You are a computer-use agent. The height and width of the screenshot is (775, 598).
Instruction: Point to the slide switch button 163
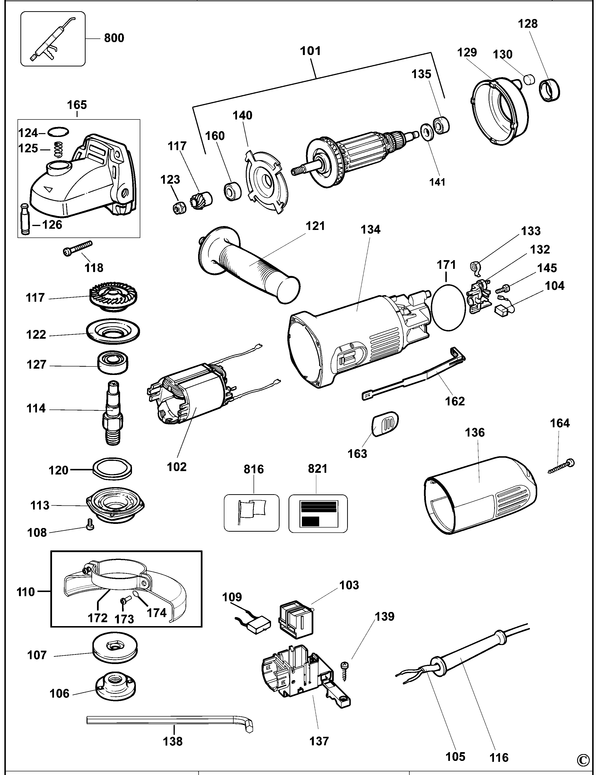[x=385, y=423]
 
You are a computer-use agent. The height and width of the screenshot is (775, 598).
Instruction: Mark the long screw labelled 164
[x=561, y=467]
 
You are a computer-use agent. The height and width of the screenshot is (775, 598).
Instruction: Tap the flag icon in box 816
[x=251, y=513]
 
